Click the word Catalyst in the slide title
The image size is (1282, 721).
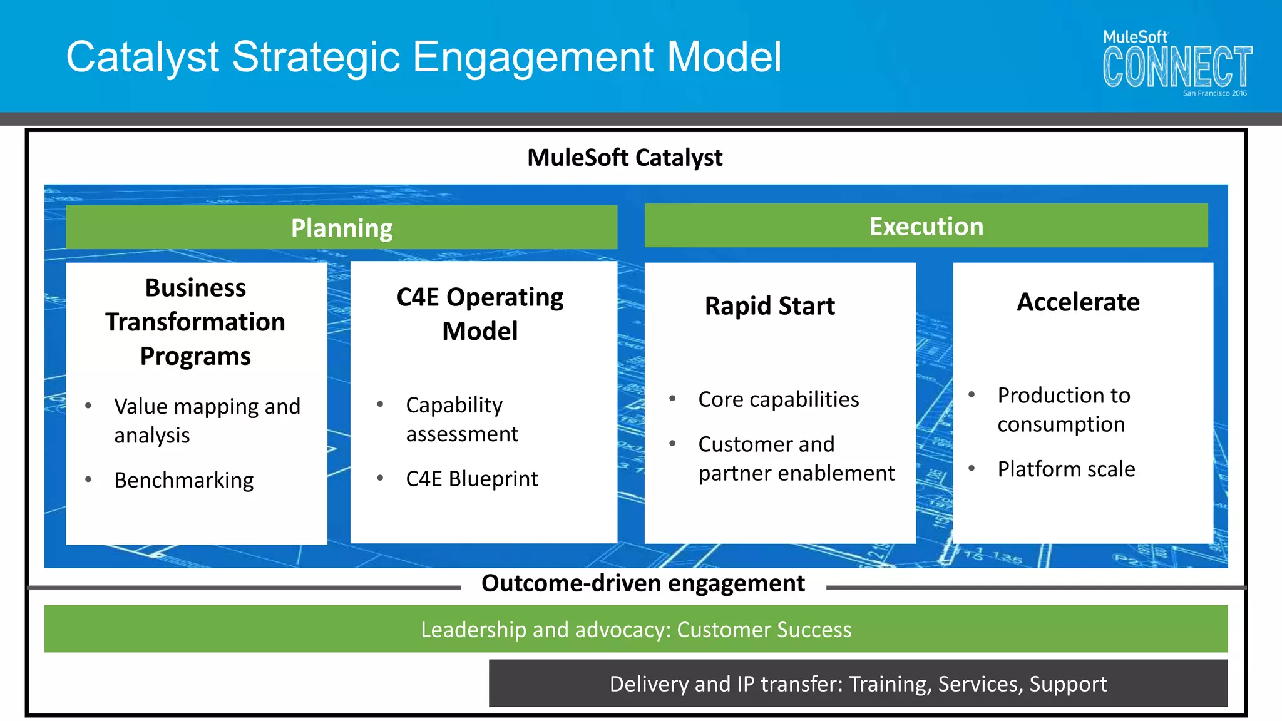142,57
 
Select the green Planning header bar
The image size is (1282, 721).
341,228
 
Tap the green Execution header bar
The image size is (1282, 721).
926,226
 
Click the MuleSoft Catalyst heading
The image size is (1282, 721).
624,158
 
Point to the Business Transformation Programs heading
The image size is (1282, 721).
195,322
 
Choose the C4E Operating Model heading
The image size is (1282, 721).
480,314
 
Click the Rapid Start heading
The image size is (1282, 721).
769,306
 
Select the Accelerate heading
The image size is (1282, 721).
1078,302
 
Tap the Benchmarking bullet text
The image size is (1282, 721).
184,480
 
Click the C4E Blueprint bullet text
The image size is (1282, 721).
471,479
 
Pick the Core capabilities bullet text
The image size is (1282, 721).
778,399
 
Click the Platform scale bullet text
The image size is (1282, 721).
1066,469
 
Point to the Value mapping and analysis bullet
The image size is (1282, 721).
207,421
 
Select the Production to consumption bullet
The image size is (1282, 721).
1064,410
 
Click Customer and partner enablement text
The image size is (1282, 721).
796,458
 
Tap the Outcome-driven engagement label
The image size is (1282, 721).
643,583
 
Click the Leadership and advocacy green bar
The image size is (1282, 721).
635,629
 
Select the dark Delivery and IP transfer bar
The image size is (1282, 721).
858,683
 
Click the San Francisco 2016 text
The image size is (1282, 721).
1214,93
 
